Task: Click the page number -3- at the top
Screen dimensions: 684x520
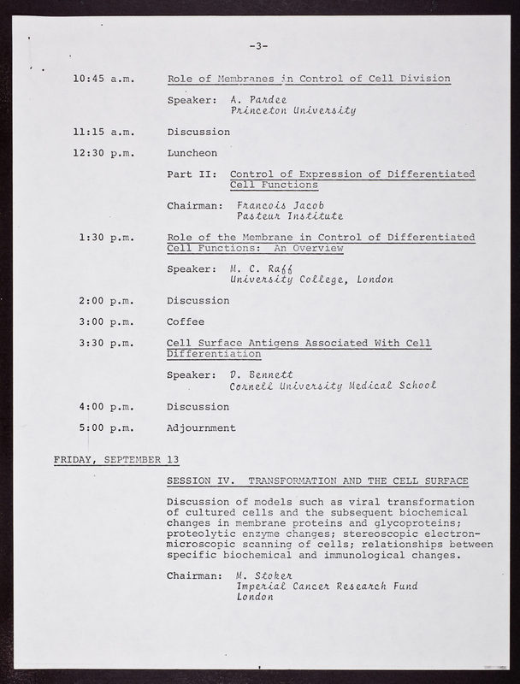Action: tap(259, 46)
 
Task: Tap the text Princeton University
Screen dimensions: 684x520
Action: tap(293, 110)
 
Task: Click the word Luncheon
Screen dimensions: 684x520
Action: tap(192, 153)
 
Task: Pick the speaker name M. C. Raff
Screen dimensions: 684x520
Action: tap(259, 269)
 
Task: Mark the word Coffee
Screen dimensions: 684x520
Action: tap(186, 321)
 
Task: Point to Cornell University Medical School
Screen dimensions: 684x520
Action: tap(334, 386)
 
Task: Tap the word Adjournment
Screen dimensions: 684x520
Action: tap(202, 427)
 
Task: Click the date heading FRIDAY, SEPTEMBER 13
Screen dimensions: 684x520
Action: tap(110, 459)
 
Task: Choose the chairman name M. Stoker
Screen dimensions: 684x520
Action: tap(268, 575)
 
